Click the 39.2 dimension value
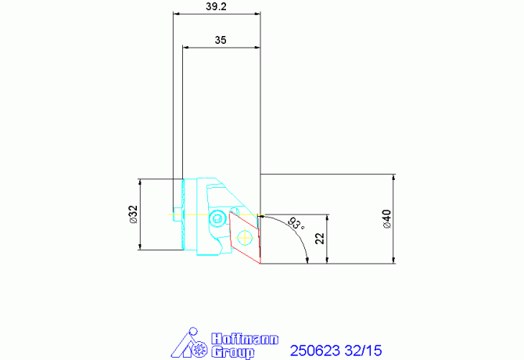216,6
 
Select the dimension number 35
221,40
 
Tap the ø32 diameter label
133,214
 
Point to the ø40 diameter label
386,219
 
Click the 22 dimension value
320,239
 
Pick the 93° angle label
296,223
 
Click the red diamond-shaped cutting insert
245,237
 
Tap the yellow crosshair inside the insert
245,237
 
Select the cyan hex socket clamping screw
217,218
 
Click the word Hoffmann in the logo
245,339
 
